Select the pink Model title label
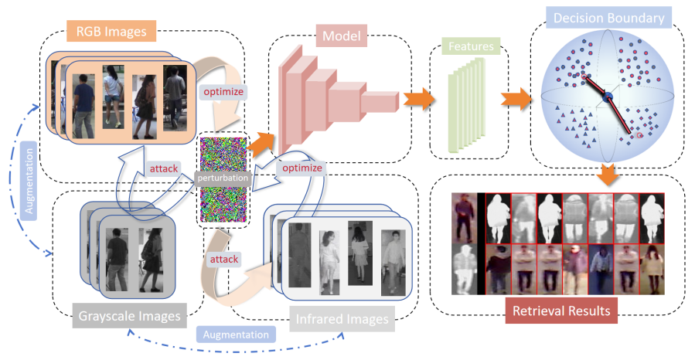(340, 35)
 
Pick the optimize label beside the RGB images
(223, 91)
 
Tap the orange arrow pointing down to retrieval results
(606, 175)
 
